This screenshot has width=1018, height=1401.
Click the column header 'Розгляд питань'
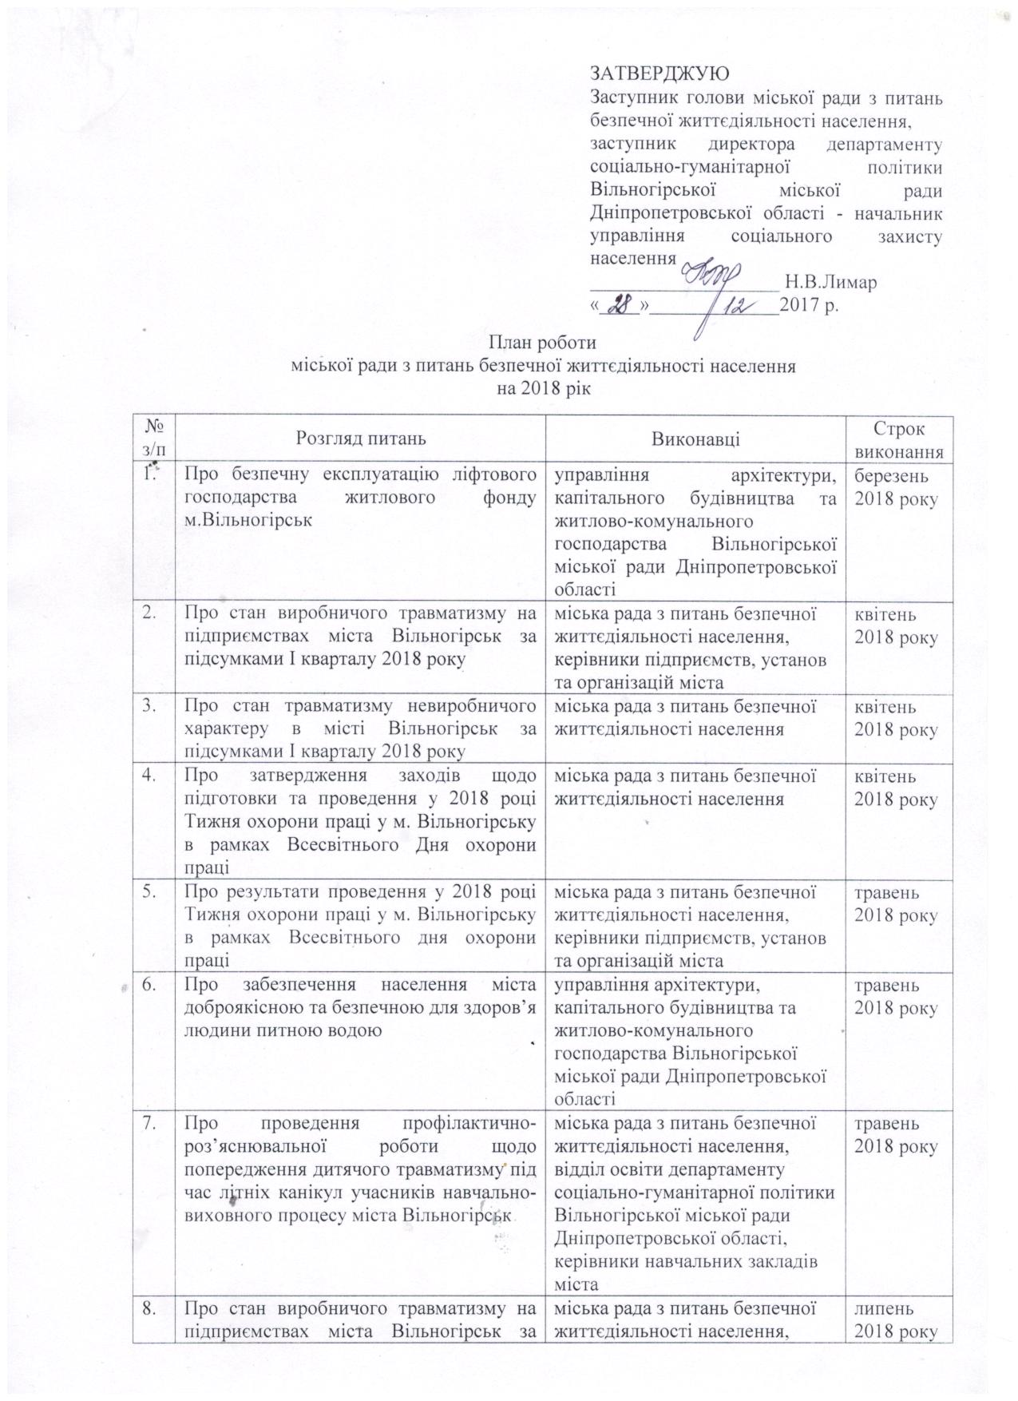click(x=361, y=439)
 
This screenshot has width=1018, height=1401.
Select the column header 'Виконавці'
click(x=695, y=439)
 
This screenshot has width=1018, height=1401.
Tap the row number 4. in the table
click(x=149, y=775)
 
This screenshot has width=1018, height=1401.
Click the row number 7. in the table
click(x=149, y=1124)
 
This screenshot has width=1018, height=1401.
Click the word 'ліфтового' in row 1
click(x=495, y=476)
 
